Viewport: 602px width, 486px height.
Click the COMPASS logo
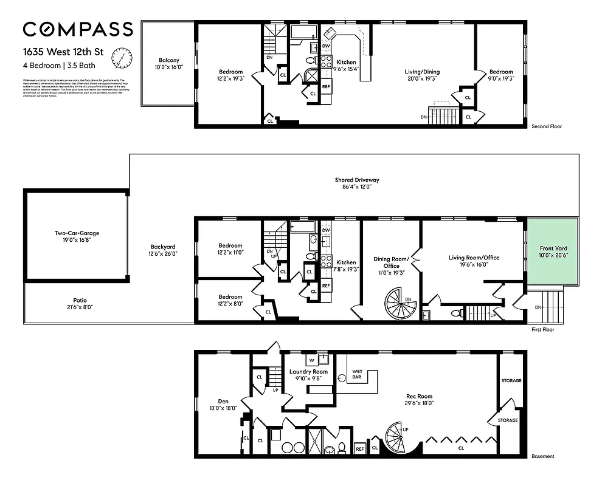point(78,29)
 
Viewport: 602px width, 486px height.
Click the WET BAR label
point(357,374)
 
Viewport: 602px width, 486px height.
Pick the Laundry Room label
point(308,372)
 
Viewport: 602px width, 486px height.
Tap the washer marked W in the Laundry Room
point(310,360)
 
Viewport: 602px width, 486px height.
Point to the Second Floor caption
point(546,127)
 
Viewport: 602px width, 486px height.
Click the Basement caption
point(542,456)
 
